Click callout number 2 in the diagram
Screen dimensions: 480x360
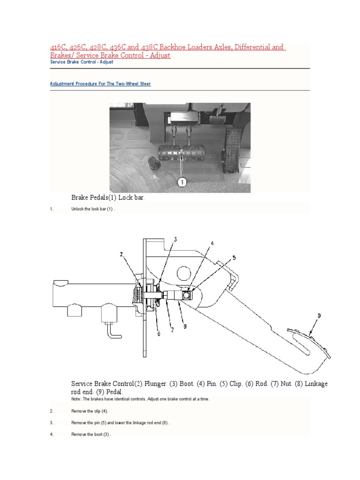(121, 255)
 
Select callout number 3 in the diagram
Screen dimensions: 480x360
(175, 240)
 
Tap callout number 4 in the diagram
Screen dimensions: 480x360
(212, 243)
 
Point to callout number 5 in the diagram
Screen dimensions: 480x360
(235, 258)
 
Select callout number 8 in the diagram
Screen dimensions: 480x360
(185, 327)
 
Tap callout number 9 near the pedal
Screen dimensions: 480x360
(320, 316)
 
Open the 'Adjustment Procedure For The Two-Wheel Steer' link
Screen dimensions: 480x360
(100, 84)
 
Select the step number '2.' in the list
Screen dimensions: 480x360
(52, 411)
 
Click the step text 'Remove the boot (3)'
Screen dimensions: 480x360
(90, 435)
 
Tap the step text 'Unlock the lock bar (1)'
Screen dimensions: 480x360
(93, 209)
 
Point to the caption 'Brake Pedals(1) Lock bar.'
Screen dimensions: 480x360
(108, 198)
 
